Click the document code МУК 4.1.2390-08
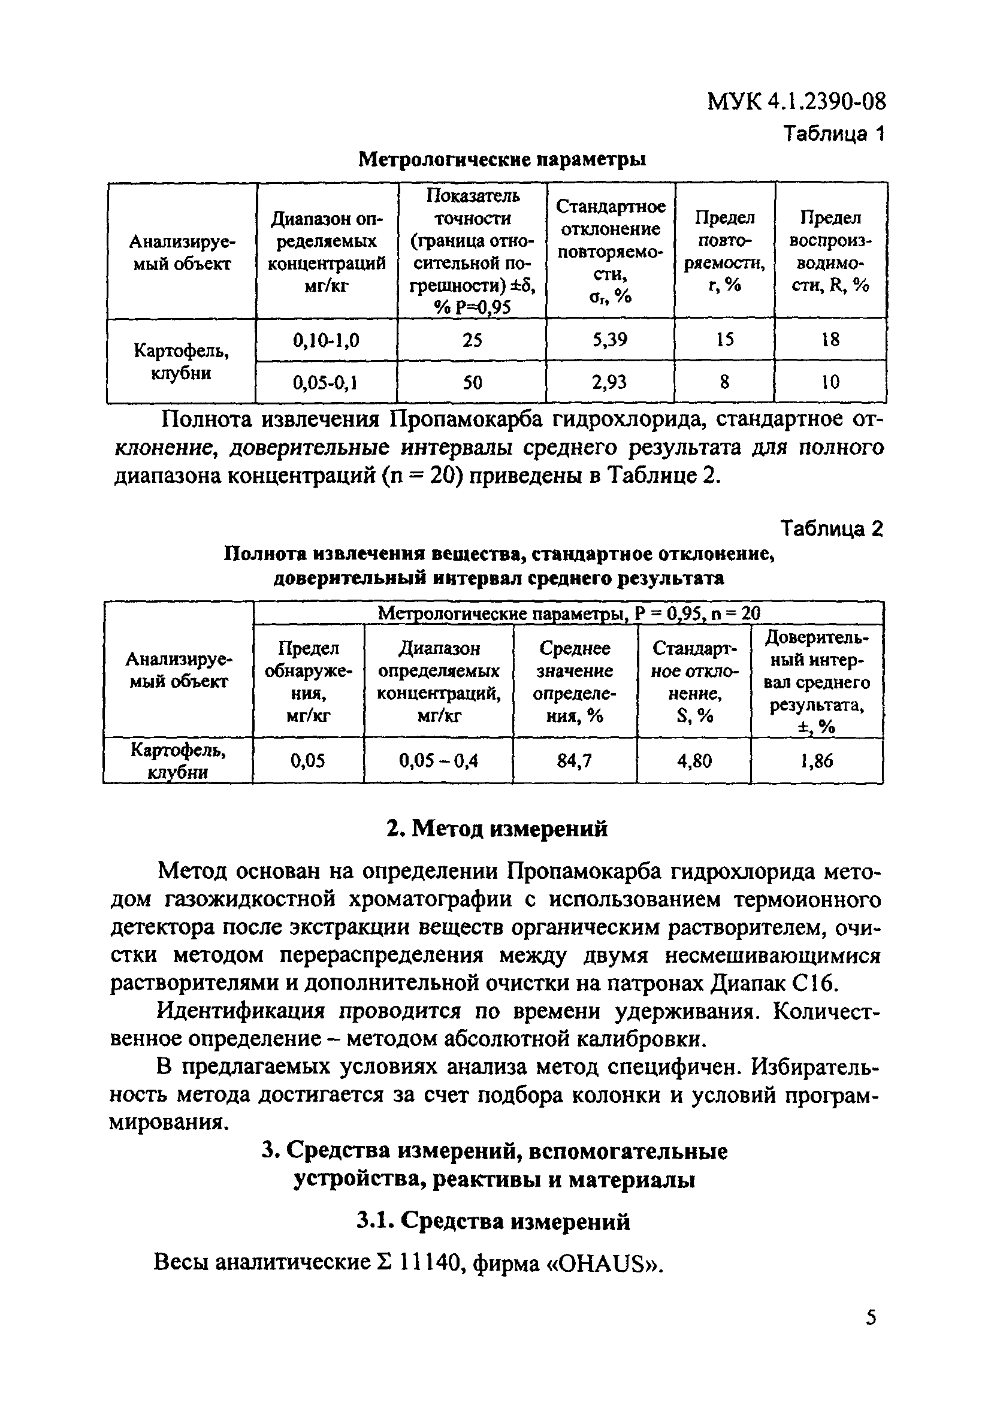click(796, 101)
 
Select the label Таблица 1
click(833, 133)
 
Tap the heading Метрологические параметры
click(501, 159)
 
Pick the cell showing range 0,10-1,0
click(326, 340)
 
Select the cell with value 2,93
click(609, 382)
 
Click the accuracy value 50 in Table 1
click(472, 383)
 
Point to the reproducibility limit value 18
click(830, 340)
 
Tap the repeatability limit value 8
click(724, 383)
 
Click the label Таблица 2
click(832, 528)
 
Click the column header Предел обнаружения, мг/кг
click(308, 682)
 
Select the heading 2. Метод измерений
click(497, 829)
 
